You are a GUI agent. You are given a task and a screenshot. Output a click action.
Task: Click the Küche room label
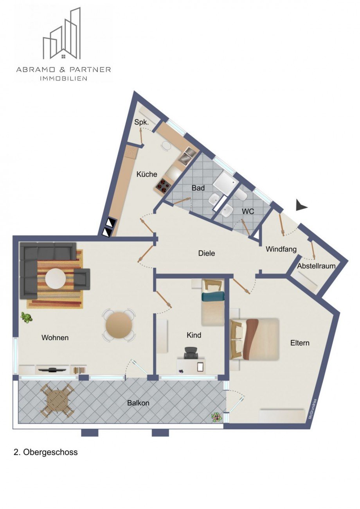tap(147, 174)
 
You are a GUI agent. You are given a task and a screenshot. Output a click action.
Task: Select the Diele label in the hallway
tap(207, 253)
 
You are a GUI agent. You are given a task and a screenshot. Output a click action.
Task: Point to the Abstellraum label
tap(316, 266)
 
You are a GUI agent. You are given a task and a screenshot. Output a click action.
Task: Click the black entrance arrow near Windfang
tap(301, 205)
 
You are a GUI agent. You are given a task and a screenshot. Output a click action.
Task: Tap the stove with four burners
tap(162, 185)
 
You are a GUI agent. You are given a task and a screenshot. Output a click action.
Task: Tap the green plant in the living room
tap(27, 317)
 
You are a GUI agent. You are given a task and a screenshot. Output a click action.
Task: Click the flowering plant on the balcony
tap(216, 417)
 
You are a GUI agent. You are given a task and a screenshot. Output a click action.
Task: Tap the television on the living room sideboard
tap(52, 369)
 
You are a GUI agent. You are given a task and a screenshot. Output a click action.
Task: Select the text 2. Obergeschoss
tap(45, 452)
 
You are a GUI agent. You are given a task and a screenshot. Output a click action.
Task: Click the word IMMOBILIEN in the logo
tap(63, 78)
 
